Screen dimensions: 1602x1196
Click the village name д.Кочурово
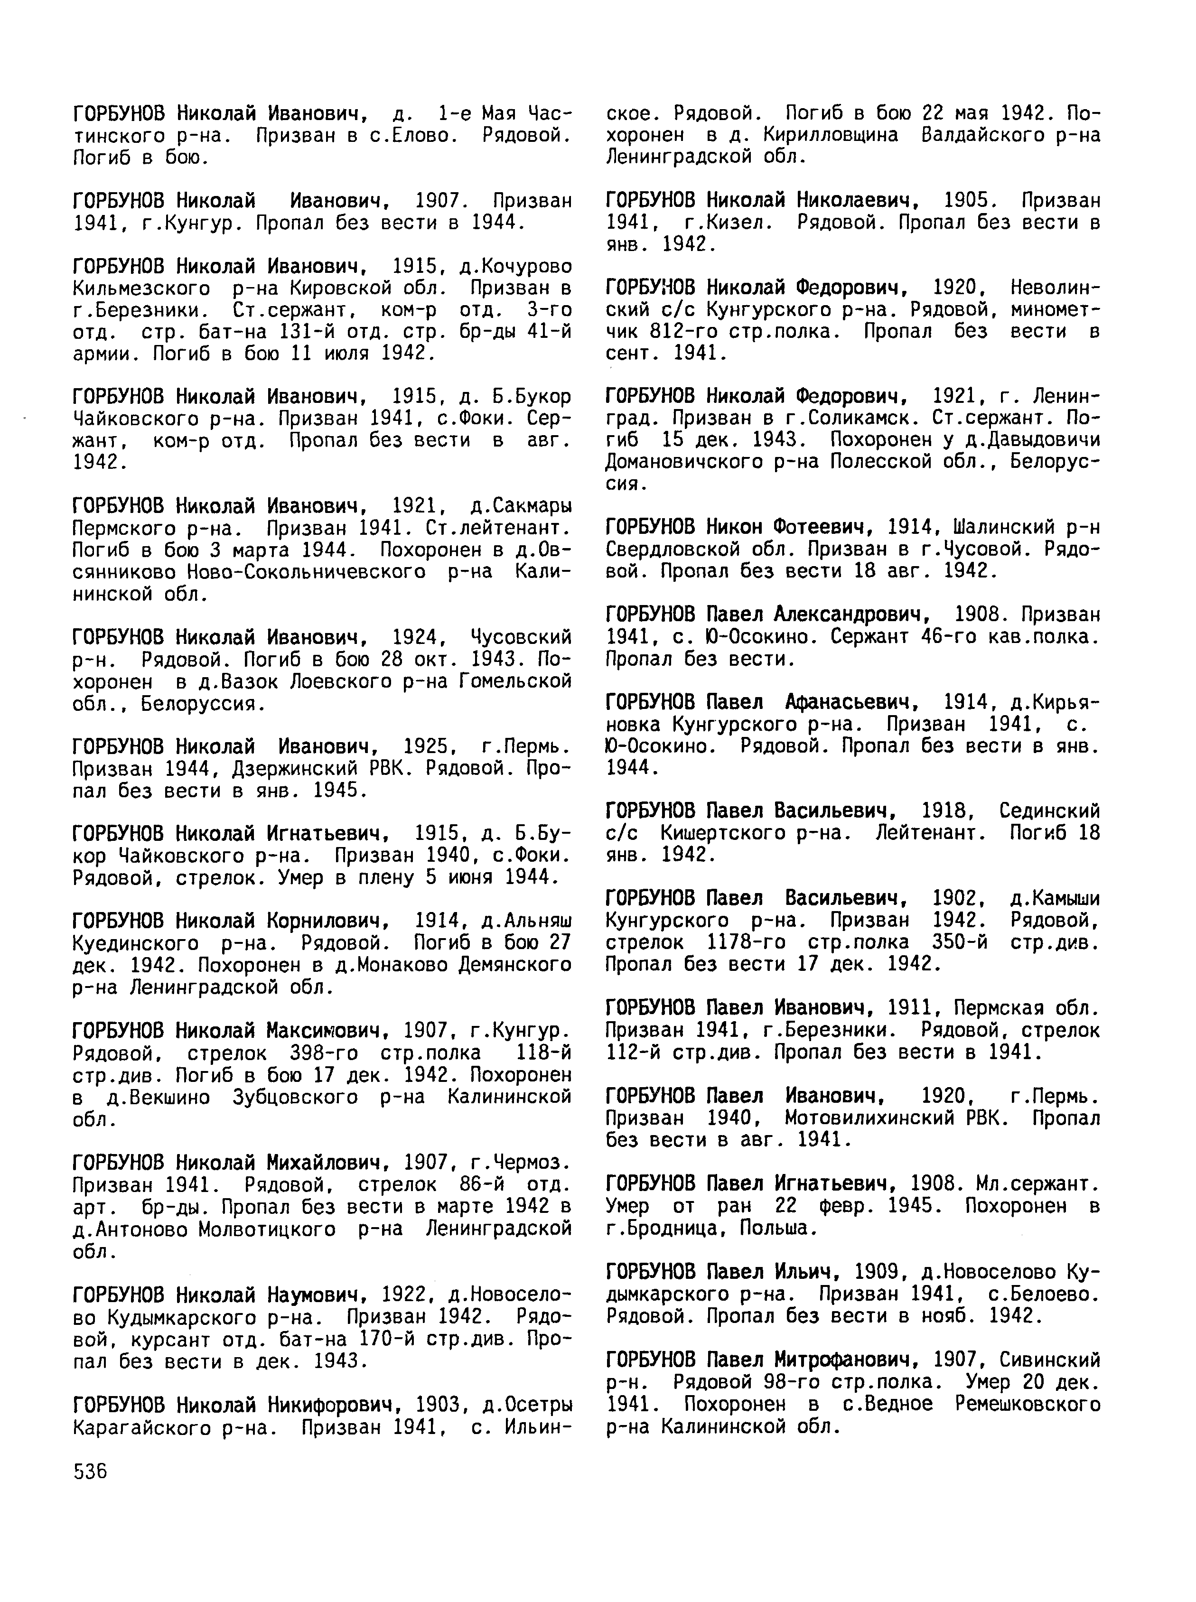[x=515, y=266]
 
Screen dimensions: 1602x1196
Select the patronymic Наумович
[x=318, y=1294]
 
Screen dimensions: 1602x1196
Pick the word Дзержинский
[x=303, y=768]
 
